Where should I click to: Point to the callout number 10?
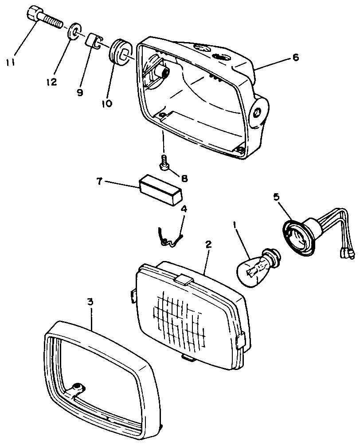(107, 104)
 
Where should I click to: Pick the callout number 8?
(184, 179)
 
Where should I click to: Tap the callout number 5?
(277, 197)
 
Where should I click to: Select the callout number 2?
(208, 244)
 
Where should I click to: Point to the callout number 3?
(90, 302)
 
